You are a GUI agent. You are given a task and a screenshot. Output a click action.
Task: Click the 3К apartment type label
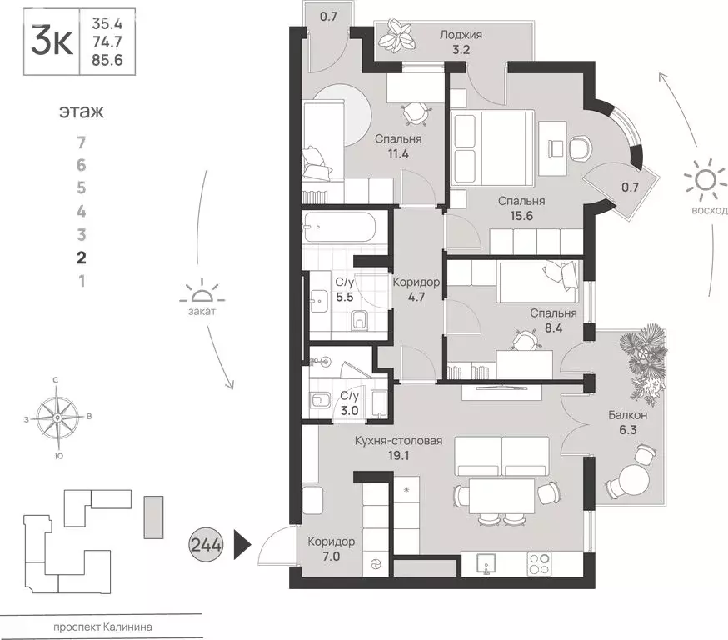[50, 39]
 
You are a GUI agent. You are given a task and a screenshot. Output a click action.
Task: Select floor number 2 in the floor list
[81, 257]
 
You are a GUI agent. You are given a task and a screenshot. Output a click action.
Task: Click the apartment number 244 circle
[207, 546]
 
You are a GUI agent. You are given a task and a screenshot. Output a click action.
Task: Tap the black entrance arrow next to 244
[242, 546]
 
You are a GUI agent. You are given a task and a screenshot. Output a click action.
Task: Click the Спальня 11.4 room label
[397, 146]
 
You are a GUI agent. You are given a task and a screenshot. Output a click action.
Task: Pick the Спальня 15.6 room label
[521, 207]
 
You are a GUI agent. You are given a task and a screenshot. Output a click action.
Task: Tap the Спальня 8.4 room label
[553, 320]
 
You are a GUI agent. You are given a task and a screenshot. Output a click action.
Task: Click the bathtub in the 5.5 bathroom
[342, 226]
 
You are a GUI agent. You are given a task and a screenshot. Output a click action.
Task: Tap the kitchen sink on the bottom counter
[486, 565]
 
